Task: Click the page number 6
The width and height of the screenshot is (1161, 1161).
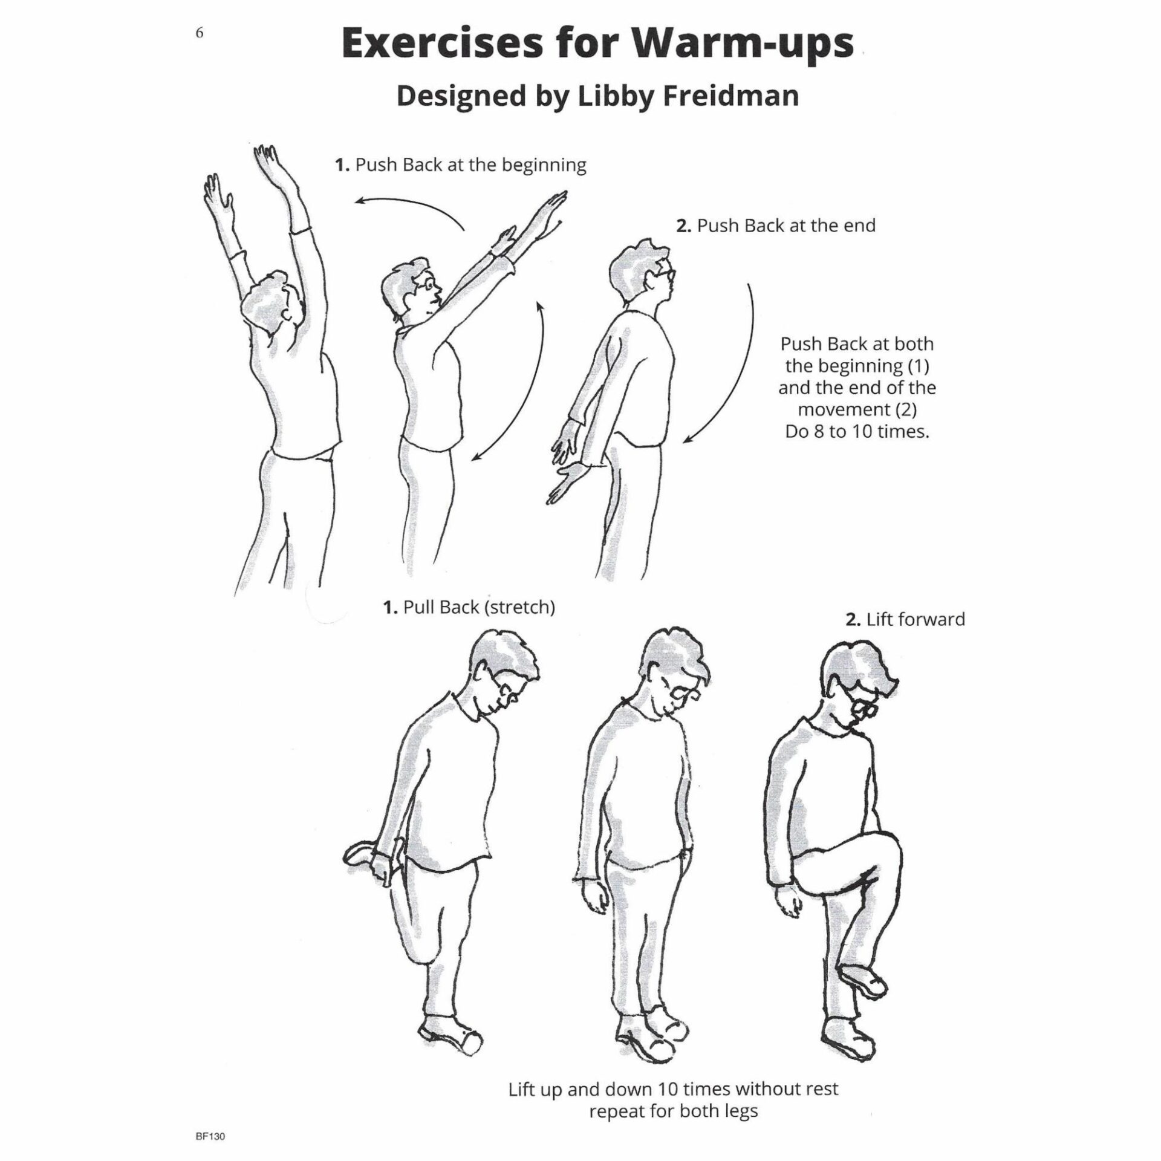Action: click(x=200, y=33)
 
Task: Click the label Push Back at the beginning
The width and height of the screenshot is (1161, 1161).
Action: click(x=461, y=165)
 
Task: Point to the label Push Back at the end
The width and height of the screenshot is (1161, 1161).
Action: click(x=776, y=226)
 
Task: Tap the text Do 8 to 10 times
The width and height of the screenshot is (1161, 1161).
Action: click(x=857, y=432)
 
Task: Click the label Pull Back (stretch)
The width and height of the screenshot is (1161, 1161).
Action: click(x=469, y=607)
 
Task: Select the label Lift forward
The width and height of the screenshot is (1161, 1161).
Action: click(x=905, y=620)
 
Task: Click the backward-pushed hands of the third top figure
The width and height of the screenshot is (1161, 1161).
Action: click(x=568, y=460)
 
